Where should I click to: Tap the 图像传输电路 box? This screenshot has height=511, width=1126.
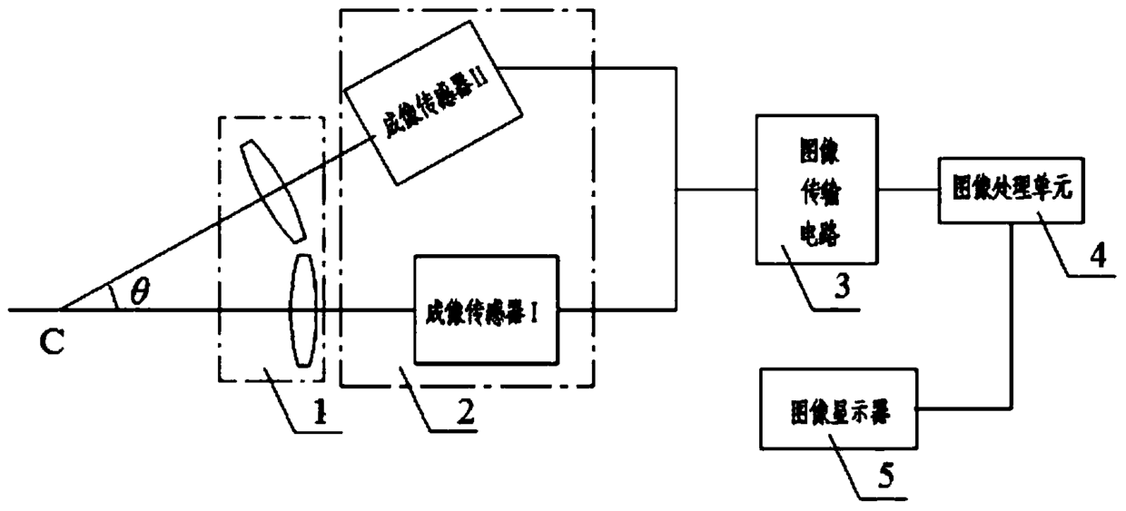coord(815,190)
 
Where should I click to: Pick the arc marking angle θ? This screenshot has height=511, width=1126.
coord(113,295)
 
